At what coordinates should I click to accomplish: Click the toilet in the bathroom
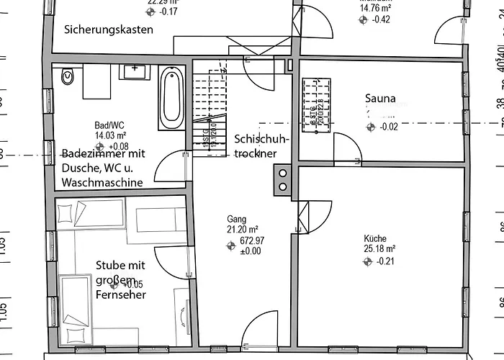click(68, 76)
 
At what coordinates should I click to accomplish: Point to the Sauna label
click(380, 100)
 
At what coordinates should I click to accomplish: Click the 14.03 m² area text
click(110, 135)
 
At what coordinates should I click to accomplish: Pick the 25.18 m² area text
click(379, 249)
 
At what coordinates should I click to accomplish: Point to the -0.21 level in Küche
click(387, 261)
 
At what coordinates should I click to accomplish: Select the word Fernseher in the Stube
click(120, 294)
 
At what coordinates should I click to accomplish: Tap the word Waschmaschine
click(102, 182)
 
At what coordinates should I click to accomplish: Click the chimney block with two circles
click(282, 179)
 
